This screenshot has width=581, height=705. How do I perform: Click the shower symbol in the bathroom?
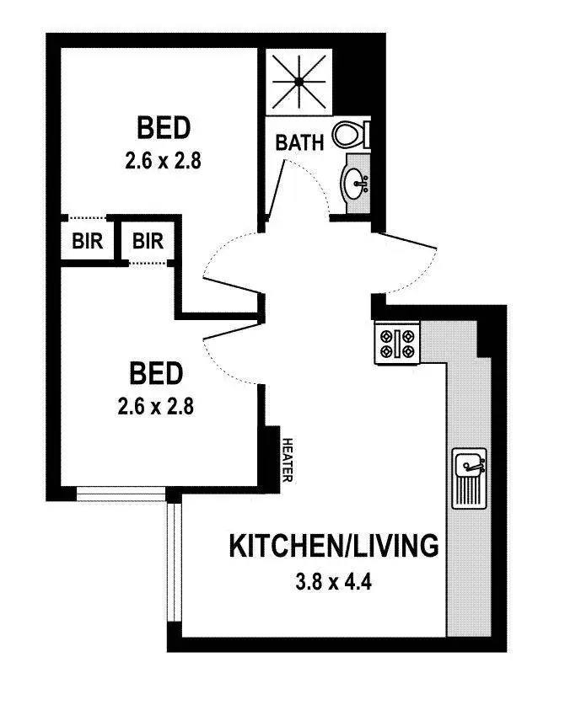(x=299, y=82)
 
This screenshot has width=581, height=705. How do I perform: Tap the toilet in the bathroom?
(x=350, y=135)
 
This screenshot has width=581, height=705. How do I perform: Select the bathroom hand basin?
(x=355, y=179)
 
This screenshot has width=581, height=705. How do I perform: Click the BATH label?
(x=299, y=143)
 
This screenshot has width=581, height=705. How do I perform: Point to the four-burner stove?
(x=397, y=344)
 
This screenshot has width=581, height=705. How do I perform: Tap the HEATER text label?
(x=288, y=460)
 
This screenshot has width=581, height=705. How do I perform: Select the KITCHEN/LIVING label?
(x=334, y=546)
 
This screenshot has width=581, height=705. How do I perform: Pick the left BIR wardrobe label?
(x=87, y=242)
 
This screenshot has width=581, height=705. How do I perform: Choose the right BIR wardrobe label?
(x=148, y=242)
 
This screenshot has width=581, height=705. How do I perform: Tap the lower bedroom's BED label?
(x=156, y=372)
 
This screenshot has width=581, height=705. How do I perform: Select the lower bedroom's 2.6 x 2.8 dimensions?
(x=157, y=405)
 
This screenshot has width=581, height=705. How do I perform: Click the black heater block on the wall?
(x=272, y=455)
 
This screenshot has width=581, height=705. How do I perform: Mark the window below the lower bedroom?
(x=121, y=494)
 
